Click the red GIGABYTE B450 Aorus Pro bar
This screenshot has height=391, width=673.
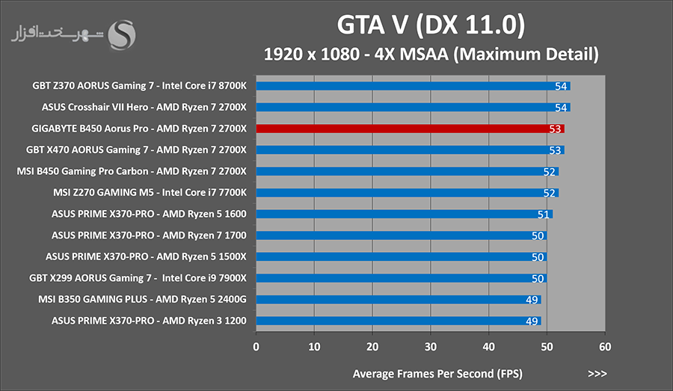point(411,129)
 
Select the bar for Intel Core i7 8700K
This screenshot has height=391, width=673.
point(414,86)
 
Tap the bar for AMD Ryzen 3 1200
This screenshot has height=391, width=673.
point(399,321)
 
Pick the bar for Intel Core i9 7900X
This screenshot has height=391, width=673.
point(402,278)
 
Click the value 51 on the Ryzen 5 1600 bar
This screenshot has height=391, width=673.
point(544,214)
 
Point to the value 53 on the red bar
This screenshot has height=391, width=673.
point(555,129)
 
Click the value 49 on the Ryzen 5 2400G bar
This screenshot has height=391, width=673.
point(532,300)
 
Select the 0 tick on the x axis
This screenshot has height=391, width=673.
point(256,347)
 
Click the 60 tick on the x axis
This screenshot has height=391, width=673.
point(605,347)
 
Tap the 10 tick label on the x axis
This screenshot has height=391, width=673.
point(314,347)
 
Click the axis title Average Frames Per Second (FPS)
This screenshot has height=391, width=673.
point(437,374)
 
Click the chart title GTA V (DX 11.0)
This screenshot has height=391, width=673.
point(431,25)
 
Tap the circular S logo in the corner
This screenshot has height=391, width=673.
point(122,35)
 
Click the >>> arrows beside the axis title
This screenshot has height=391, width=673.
point(597,374)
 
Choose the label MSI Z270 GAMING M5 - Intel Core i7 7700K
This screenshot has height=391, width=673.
point(150,193)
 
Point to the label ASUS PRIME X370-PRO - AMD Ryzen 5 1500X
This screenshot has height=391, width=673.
point(146,256)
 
